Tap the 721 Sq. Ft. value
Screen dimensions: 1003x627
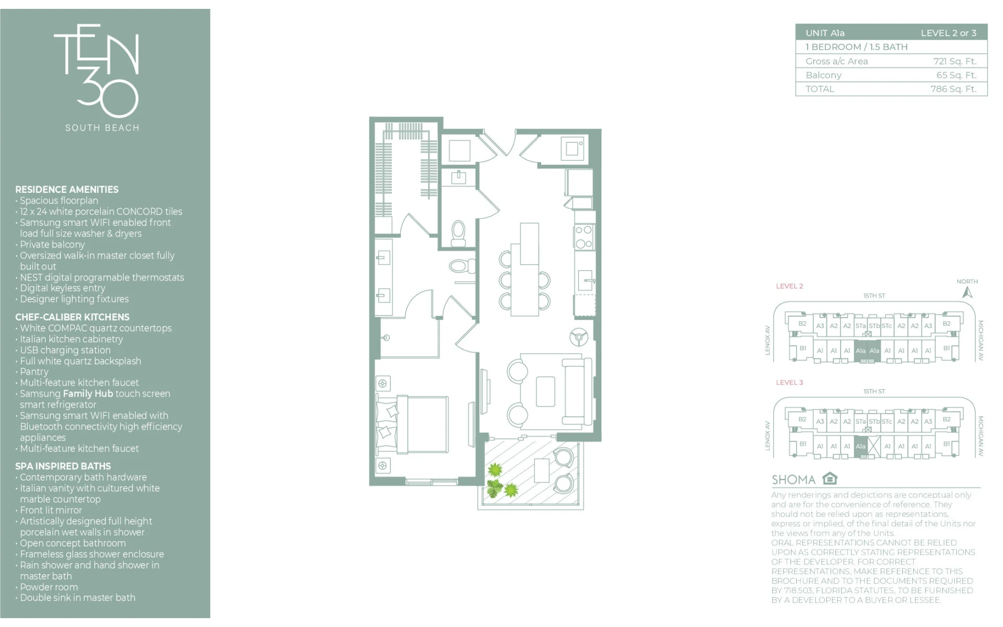click(954, 61)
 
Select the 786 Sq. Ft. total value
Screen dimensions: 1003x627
click(953, 89)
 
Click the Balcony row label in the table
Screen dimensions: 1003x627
click(823, 75)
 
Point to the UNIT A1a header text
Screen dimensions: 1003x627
click(825, 33)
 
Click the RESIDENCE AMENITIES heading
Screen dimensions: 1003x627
click(67, 190)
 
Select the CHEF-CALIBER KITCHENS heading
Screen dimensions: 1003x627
click(72, 317)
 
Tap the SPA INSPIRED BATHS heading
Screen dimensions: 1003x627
click(63, 466)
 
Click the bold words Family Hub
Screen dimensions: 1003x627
click(88, 393)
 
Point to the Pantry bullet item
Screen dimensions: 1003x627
click(34, 371)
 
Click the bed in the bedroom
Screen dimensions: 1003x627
click(412, 424)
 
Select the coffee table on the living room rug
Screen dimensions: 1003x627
click(545, 391)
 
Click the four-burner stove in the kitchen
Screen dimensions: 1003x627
click(584, 237)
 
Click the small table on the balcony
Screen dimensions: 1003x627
click(542, 470)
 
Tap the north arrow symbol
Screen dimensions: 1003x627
click(967, 292)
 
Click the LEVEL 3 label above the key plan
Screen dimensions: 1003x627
click(789, 382)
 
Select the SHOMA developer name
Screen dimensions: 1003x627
click(794, 480)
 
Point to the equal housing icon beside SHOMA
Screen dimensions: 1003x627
click(830, 478)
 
